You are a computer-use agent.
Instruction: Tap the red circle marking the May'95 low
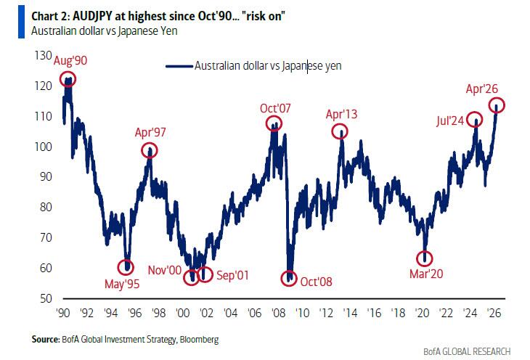(128, 266)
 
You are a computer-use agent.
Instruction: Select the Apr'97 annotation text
(150, 133)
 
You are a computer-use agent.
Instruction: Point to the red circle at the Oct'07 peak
(274, 126)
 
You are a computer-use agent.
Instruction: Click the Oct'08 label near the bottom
(317, 282)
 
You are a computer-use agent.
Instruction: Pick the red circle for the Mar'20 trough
(425, 258)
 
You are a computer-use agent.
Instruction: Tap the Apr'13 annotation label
(341, 115)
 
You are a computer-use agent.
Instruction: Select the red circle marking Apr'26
(497, 106)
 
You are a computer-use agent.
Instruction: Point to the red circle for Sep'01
(205, 274)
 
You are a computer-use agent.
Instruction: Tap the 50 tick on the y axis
(46, 298)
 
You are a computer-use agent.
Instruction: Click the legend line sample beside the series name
(179, 66)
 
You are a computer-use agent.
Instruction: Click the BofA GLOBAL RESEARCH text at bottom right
(465, 351)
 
